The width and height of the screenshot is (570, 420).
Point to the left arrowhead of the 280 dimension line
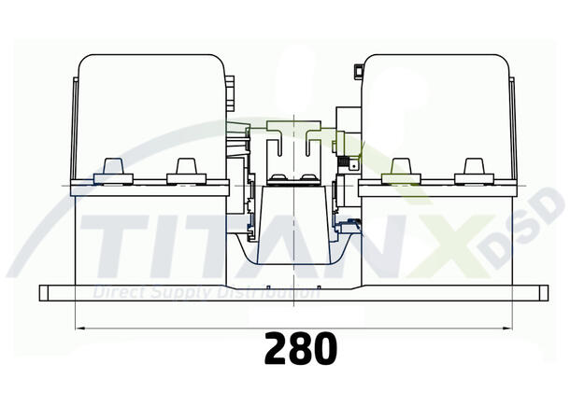point(79,328)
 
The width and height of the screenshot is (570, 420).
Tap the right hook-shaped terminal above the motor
point(311,147)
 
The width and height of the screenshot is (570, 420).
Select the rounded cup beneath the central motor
point(293,252)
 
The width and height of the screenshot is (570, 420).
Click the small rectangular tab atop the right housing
point(359,71)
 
